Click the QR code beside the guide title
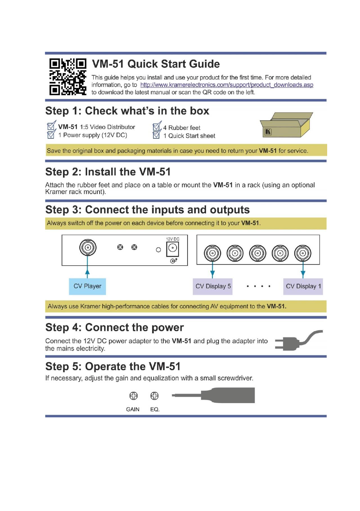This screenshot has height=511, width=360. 68,77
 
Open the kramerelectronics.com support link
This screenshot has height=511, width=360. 226,85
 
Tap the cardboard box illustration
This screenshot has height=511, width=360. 286,125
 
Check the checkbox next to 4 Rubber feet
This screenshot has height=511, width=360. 157,127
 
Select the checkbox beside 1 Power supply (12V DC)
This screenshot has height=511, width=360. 51,135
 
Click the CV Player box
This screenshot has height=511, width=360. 87,286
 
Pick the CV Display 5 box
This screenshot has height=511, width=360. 213,286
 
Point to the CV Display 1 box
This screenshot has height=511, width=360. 303,286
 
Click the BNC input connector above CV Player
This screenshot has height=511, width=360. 88,248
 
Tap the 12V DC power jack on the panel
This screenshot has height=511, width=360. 172,248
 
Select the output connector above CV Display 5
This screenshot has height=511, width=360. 212,253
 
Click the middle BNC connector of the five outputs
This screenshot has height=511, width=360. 258,253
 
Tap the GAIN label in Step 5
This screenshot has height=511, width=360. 133,409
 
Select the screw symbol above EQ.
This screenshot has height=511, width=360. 154,396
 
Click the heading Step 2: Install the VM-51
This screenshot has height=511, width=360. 108,172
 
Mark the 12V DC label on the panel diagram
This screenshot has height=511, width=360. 172,239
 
